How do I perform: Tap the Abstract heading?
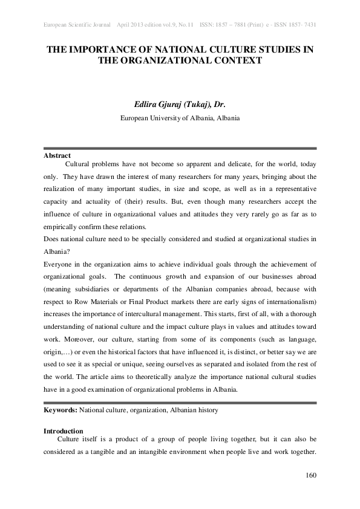(x=57, y=155)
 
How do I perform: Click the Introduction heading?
(x=64, y=431)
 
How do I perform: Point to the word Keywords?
(x=59, y=410)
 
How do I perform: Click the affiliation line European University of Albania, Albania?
(x=180, y=118)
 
